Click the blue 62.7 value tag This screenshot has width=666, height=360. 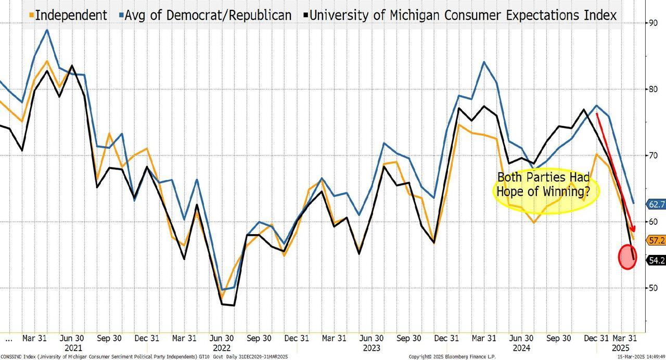[656, 204]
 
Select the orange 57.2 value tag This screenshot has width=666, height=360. [656, 240]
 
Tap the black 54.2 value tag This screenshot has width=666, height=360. [656, 261]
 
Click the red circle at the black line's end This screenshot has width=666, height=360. [628, 257]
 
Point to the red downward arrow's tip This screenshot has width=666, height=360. [634, 232]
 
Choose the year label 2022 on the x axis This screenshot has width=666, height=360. [222, 348]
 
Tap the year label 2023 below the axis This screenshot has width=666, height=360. [371, 348]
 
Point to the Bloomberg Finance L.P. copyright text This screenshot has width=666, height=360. [452, 357]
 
